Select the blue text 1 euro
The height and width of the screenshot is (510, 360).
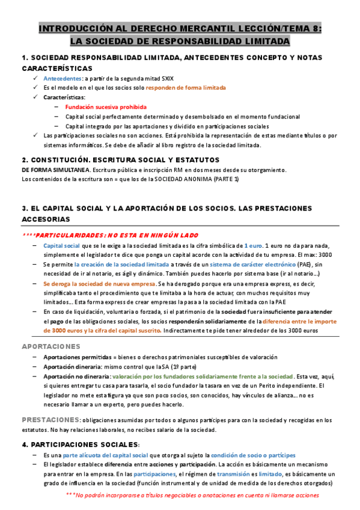[254, 245]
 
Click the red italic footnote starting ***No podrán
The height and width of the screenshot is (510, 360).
[192, 495]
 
